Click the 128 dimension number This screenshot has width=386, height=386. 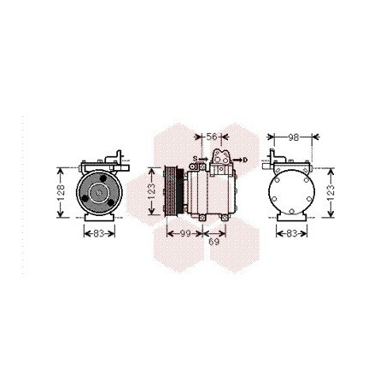click(x=61, y=193)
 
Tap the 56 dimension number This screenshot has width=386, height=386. click(x=212, y=137)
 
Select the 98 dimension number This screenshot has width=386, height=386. click(x=293, y=137)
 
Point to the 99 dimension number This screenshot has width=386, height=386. click(x=185, y=234)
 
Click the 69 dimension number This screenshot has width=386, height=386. click(x=213, y=242)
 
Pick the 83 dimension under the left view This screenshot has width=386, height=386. click(x=99, y=234)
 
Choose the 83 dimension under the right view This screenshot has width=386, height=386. click(x=292, y=234)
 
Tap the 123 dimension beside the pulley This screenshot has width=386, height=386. click(x=151, y=191)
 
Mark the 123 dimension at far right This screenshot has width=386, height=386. click(x=330, y=193)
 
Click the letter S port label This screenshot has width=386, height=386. click(x=195, y=159)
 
